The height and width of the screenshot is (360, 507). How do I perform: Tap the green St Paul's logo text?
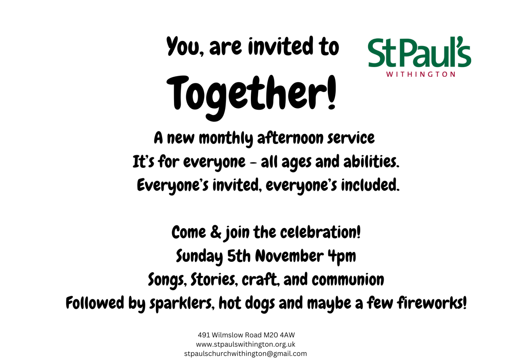[x=420, y=52]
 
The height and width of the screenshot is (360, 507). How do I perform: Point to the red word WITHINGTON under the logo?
[x=421, y=75]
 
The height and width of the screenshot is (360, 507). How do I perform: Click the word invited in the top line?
[x=281, y=47]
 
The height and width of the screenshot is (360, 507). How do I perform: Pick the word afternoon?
[x=290, y=138]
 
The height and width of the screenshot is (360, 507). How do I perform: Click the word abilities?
[x=371, y=162]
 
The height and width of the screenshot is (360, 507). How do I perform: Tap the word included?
[x=370, y=185]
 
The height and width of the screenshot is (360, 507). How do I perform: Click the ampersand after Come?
[x=216, y=232]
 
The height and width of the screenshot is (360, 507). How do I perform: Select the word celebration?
[x=320, y=232]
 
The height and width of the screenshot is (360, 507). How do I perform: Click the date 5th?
[x=239, y=256]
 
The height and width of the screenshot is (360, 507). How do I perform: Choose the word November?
[x=289, y=256]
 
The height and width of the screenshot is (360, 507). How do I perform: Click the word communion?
[x=348, y=280]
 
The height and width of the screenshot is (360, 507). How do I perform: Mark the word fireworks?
[x=432, y=303]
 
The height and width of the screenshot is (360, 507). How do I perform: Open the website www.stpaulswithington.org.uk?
[x=246, y=344]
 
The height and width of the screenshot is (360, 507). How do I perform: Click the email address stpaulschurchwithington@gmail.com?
[x=246, y=354]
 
